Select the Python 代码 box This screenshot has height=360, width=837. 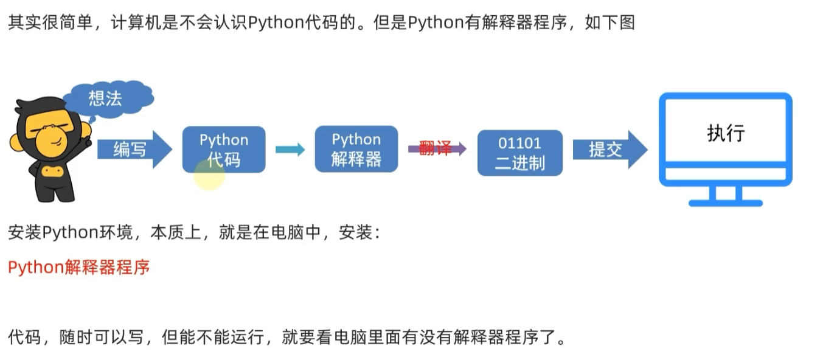pyautogui.click(x=224, y=150)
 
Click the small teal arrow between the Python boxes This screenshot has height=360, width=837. pyautogui.click(x=290, y=150)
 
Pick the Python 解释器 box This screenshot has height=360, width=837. pyautogui.click(x=356, y=149)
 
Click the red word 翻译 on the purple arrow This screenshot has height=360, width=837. pyautogui.click(x=435, y=148)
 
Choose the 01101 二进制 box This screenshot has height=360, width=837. pyautogui.click(x=520, y=153)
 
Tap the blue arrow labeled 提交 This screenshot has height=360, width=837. pyautogui.click(x=610, y=150)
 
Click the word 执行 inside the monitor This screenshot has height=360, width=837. pyautogui.click(x=726, y=133)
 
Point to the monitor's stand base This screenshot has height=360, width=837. pyautogui.click(x=726, y=203)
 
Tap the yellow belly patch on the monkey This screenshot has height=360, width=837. pyautogui.click(x=52, y=171)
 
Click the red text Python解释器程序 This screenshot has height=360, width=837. pyautogui.click(x=79, y=268)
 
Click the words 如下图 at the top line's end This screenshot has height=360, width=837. pyautogui.click(x=610, y=22)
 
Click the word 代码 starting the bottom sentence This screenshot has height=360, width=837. pyautogui.click(x=24, y=337)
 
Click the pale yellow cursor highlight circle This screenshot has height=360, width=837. pyautogui.click(x=209, y=175)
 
